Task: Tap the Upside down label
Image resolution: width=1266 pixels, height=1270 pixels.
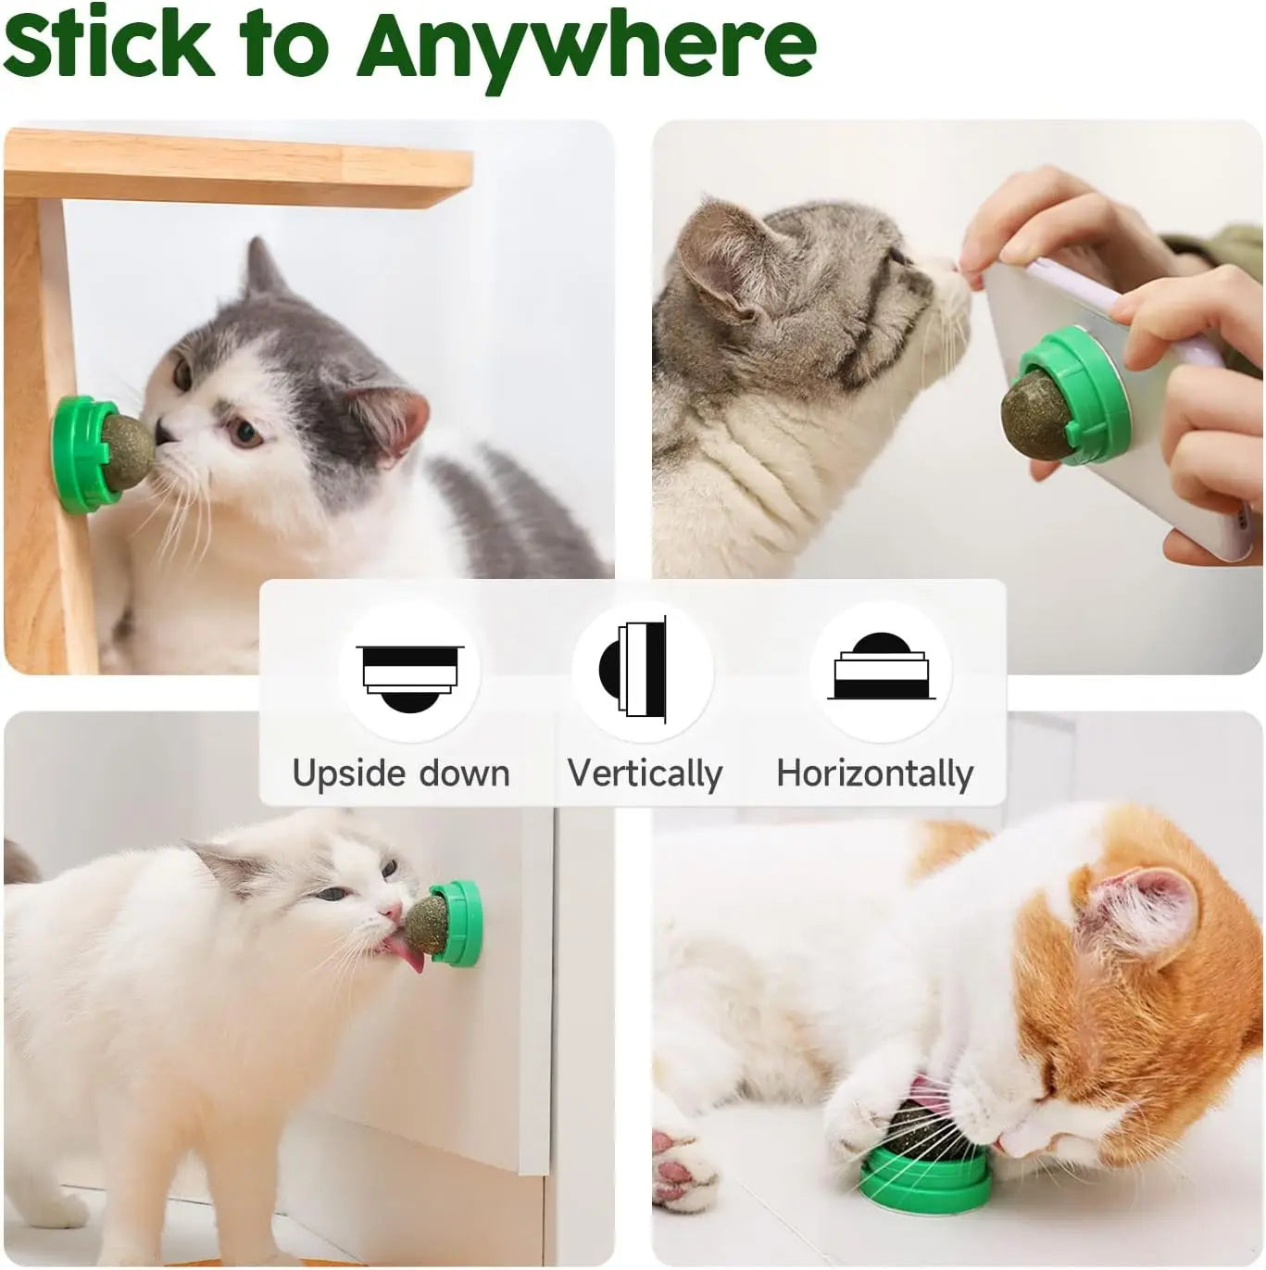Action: (401, 773)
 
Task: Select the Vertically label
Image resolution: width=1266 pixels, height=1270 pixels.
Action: (645, 773)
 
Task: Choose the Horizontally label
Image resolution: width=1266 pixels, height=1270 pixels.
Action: (875, 773)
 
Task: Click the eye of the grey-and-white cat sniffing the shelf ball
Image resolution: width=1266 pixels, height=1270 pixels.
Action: (244, 432)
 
